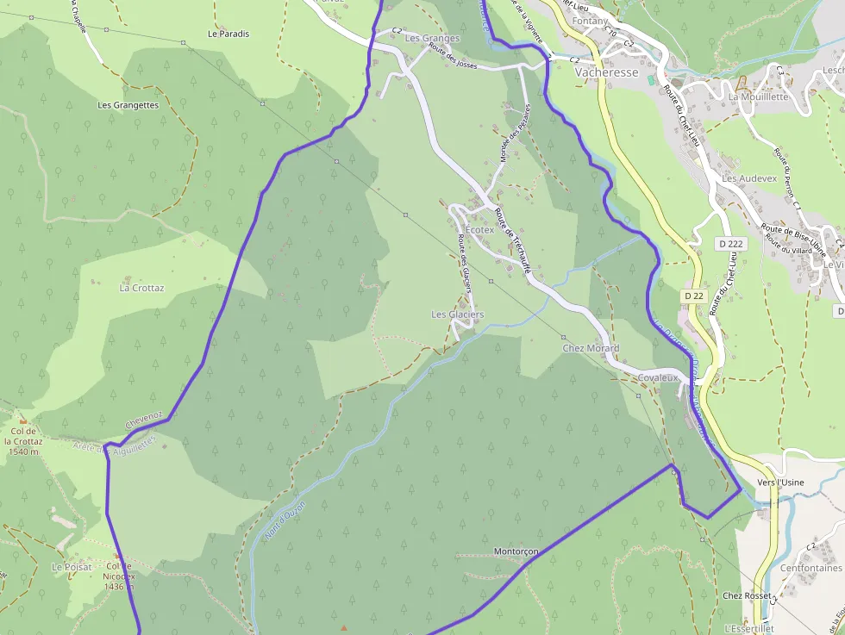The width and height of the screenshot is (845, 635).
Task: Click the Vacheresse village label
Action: pos(606,73)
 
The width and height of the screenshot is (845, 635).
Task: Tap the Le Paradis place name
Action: pos(228,34)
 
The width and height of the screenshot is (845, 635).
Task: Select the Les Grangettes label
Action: pos(128,105)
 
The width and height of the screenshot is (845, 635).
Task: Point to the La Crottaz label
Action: pos(141,288)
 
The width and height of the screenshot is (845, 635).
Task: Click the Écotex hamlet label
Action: pos(480,230)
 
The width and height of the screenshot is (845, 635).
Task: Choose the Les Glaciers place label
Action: pos(458,314)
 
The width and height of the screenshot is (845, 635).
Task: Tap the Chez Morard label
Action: pos(591,348)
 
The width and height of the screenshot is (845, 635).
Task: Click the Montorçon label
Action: pos(516,551)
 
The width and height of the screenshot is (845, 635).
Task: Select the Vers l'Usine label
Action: pos(779,482)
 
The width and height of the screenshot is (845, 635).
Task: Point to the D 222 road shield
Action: pos(729,244)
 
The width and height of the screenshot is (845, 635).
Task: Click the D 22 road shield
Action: pos(694,296)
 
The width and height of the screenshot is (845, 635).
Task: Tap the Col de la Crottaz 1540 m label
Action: pos(22,441)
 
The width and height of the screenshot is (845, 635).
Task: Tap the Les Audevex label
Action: pos(749,178)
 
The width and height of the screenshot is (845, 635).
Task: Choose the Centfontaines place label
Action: pos(811,569)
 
